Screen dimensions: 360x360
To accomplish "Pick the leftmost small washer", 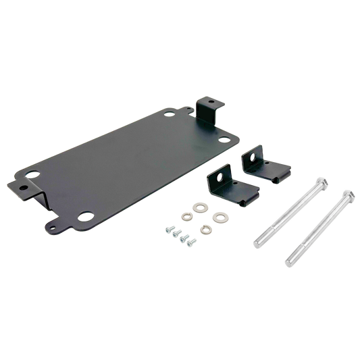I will tap(185, 217).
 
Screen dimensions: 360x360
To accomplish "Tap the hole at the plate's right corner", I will tap(223, 140).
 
